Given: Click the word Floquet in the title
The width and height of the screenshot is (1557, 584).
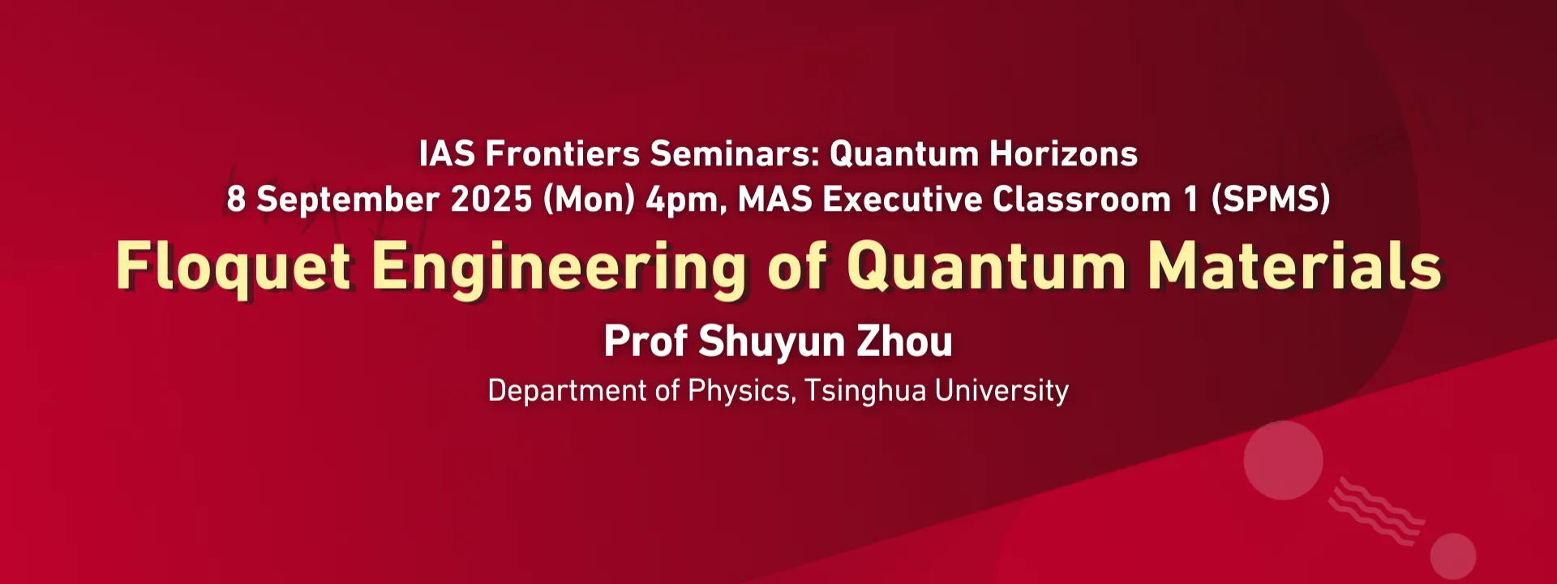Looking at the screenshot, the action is [234, 267].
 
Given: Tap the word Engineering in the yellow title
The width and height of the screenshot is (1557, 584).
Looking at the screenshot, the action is [559, 268].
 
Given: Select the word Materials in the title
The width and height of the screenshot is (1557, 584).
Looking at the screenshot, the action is [1295, 266].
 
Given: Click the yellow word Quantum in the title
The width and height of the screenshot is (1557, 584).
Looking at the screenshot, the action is [986, 267].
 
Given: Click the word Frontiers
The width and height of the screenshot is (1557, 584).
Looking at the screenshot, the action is [562, 154].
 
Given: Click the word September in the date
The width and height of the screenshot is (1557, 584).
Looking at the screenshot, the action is [348, 200].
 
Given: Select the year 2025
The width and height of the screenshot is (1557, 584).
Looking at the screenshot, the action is [491, 200].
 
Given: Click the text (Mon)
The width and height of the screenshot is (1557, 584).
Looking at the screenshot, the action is [589, 200].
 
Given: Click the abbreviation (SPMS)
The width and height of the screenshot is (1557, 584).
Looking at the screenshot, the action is [1270, 200].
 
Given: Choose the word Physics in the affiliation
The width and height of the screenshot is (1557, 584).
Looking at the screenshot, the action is [740, 391].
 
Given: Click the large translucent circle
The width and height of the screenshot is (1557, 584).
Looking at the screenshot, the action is [1283, 460].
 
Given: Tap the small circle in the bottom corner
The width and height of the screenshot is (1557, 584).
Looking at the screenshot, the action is [1452, 556].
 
